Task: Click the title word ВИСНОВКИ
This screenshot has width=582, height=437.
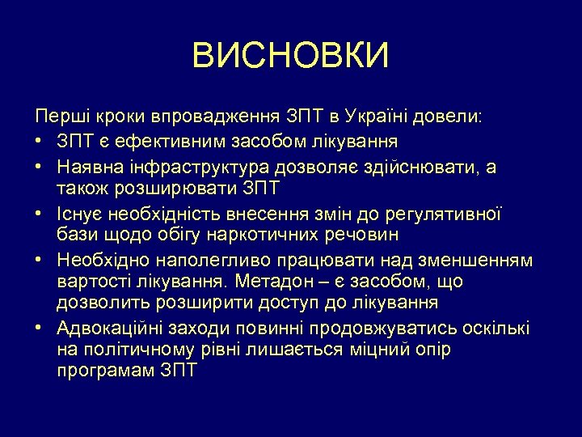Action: pyautogui.click(x=291, y=56)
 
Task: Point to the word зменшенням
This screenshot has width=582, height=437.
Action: pyautogui.click(x=479, y=261)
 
